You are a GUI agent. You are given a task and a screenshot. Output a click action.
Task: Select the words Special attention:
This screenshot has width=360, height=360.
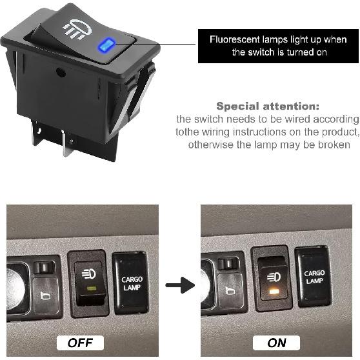click(268, 106)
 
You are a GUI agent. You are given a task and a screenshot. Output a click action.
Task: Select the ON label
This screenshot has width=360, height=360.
click(277, 342)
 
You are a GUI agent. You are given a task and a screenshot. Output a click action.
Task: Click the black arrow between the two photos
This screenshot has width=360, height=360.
click(180, 285)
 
